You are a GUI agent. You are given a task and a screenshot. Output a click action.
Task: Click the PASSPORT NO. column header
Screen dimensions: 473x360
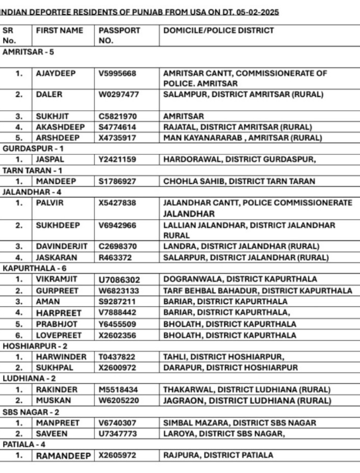(119, 35)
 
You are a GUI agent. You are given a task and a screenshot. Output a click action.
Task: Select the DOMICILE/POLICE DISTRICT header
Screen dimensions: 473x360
(218, 31)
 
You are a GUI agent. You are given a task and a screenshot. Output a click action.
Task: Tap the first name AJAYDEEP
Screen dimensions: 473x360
(56, 73)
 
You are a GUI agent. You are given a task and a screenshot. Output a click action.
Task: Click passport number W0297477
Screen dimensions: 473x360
(118, 95)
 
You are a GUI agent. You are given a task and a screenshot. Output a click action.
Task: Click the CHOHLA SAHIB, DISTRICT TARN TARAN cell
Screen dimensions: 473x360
(239, 181)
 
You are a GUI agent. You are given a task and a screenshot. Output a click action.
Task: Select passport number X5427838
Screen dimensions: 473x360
(118, 203)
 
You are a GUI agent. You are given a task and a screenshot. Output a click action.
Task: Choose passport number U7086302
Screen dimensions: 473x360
(119, 279)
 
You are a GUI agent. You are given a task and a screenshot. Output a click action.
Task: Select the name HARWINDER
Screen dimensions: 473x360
(61, 357)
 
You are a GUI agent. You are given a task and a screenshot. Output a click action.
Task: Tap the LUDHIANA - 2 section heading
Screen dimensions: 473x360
(28, 379)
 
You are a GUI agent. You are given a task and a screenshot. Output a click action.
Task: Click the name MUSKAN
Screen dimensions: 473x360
(50, 401)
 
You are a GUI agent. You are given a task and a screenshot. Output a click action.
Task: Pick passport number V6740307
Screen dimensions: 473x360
(118, 423)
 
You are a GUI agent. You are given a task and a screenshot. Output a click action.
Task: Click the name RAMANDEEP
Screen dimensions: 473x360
(63, 455)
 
